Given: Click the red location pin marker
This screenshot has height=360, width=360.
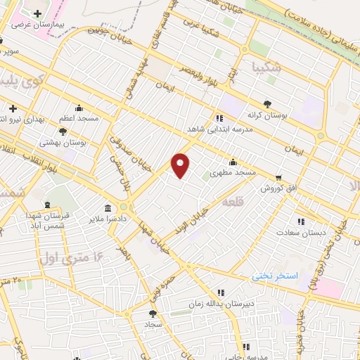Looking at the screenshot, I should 181,165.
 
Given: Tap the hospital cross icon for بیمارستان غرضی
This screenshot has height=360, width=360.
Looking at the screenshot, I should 37,13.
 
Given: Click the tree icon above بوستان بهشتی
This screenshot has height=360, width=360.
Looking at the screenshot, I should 63,131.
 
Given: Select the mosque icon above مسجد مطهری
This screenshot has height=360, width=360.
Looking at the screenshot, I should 233,162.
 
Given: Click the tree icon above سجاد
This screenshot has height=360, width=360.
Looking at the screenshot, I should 153,313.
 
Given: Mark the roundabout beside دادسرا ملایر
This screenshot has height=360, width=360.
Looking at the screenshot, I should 124,207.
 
